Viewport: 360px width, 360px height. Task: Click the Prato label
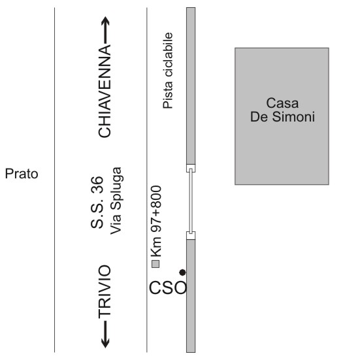coord(22,174)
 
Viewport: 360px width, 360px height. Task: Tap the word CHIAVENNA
coord(105,91)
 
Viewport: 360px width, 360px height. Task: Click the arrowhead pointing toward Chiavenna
coord(105,21)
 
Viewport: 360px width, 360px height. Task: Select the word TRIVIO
coord(105,292)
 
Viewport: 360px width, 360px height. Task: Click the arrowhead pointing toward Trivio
coord(105,343)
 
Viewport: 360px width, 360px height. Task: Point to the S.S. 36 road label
coord(97,203)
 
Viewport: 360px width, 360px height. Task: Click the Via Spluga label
coord(116,201)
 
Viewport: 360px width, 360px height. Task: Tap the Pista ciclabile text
coord(168,71)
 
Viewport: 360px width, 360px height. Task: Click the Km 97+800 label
coord(156,221)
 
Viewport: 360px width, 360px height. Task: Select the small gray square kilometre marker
coord(155,264)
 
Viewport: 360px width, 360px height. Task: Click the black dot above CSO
coord(182,272)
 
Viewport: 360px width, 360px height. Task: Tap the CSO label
coord(168,287)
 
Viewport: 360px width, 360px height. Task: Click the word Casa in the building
coord(282,103)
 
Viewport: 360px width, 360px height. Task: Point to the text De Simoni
coord(282,117)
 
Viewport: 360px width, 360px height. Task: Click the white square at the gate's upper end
coord(191,169)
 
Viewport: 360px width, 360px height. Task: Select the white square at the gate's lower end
coord(191,236)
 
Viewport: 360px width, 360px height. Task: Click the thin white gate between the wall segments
coord(191,202)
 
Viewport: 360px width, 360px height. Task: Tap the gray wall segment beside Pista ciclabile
coord(191,86)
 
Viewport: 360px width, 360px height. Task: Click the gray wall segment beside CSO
coord(191,296)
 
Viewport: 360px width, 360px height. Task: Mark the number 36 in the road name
coord(97,184)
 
